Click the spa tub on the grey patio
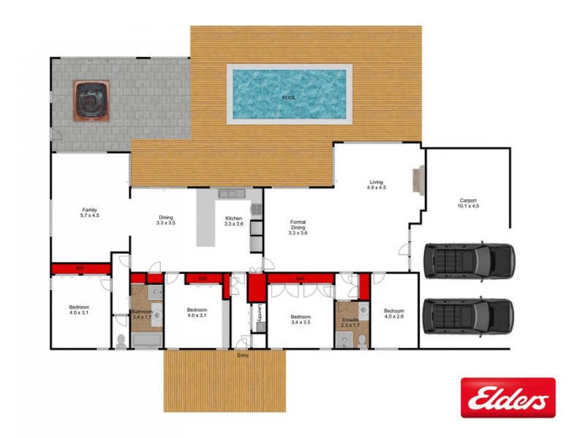(x=91, y=99)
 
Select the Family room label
(x=89, y=212)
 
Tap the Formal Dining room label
(x=298, y=226)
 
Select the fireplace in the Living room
(x=418, y=180)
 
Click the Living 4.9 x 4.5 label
(x=376, y=185)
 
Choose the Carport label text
(x=468, y=203)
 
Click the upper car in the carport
(x=469, y=261)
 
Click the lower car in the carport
(x=468, y=315)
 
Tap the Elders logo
(x=507, y=398)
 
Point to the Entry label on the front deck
(x=242, y=356)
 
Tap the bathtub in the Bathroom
(x=146, y=341)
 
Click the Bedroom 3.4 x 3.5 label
(x=301, y=318)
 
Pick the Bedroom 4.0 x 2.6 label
(x=393, y=313)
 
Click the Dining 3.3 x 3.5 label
(x=166, y=220)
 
